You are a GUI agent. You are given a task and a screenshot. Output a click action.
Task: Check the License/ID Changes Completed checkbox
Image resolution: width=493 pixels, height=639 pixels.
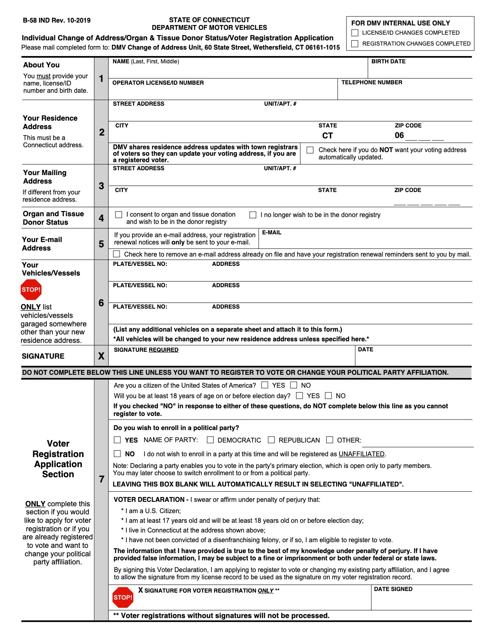[x=355, y=33]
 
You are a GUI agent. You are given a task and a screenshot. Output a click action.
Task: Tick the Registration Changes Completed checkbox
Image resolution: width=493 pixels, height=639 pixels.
[x=355, y=44]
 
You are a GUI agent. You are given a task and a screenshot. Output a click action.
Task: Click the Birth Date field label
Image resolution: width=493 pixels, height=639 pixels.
[x=388, y=61]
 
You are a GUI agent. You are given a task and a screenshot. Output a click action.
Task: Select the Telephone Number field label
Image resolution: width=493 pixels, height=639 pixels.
[x=371, y=82]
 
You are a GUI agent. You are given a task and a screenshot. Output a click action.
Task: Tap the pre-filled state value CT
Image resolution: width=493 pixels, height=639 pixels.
[x=327, y=136]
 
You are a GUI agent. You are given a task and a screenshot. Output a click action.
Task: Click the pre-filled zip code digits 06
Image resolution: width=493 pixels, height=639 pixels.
[x=399, y=136]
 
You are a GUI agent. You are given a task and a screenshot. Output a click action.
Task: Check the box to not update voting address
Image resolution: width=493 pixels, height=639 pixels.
[x=310, y=150]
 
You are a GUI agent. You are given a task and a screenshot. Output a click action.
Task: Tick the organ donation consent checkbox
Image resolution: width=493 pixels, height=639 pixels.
[x=119, y=215]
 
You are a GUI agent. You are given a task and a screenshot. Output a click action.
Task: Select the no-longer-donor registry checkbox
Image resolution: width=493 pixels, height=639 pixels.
[x=253, y=215]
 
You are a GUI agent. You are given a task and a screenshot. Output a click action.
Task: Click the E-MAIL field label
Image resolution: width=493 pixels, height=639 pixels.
[x=272, y=232]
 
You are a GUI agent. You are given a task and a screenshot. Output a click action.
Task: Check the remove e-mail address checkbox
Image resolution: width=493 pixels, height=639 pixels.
[x=117, y=254]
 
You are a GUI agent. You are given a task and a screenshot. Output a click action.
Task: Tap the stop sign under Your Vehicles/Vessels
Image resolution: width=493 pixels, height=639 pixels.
[x=31, y=290]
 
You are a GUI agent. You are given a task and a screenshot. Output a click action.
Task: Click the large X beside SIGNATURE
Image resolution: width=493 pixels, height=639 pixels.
[x=101, y=356]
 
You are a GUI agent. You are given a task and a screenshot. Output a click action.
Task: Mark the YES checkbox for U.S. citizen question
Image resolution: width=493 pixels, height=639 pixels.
[x=265, y=385]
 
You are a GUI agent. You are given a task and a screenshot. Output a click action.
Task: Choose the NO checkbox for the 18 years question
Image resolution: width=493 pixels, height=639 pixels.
[x=329, y=396]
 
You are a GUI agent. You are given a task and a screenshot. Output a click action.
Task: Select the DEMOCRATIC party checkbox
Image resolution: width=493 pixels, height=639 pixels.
[x=210, y=440]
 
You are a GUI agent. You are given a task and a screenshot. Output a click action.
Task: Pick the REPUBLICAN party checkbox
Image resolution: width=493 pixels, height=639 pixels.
[x=271, y=440]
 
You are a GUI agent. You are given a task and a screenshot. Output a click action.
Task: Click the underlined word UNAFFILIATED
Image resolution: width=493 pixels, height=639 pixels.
[x=361, y=454]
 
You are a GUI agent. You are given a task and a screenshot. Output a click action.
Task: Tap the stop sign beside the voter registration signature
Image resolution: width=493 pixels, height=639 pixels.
[x=123, y=597]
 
